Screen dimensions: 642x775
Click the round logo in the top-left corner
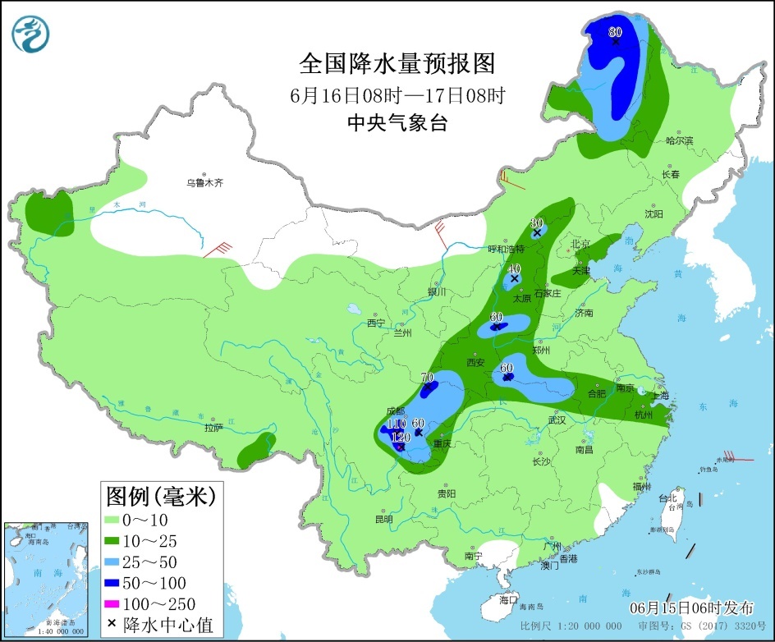point(30,34)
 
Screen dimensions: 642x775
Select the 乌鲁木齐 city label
point(204,183)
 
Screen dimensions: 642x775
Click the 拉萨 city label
point(213,427)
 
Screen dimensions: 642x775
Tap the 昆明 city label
point(383,519)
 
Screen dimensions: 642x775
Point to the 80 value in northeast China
point(616,32)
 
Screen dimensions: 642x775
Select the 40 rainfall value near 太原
point(515,268)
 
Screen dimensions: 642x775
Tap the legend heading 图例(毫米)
point(160,496)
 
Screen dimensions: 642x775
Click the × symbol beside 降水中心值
point(112,625)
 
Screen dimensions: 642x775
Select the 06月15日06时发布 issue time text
point(691,608)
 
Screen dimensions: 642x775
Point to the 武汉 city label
point(557,420)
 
